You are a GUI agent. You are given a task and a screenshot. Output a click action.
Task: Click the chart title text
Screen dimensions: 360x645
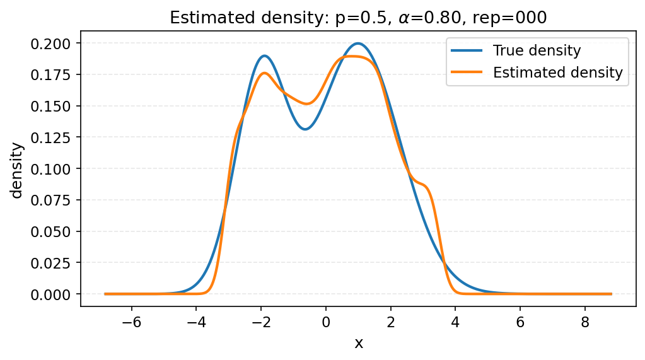pyautogui.click(x=359, y=18)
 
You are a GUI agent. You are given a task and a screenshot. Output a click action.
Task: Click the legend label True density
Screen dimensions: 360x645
pyautogui.click(x=537, y=50)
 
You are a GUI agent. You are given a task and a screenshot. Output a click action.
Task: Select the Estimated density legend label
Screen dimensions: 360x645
pyautogui.click(x=557, y=73)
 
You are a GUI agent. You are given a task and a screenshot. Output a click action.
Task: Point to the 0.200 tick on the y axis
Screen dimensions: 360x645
pyautogui.click(x=54, y=44)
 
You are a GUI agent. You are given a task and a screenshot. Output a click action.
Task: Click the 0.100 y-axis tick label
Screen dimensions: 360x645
pyautogui.click(x=54, y=169)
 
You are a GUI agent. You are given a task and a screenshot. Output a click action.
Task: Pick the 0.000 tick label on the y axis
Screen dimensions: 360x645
pyautogui.click(x=54, y=294)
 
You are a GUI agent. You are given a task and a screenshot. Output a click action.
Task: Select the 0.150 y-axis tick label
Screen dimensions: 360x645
pyautogui.click(x=54, y=106)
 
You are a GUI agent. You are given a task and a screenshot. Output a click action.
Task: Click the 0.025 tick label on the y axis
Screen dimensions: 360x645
pyautogui.click(x=54, y=263)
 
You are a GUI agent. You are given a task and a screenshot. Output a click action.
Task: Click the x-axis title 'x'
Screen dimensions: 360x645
pyautogui.click(x=358, y=343)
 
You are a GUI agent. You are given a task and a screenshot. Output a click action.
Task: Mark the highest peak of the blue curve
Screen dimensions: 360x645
pyautogui.click(x=358, y=44)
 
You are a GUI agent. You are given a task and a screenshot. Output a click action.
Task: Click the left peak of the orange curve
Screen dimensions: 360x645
pyautogui.click(x=264, y=73)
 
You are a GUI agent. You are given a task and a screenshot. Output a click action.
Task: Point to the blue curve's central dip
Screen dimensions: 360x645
pyautogui.click(x=305, y=129)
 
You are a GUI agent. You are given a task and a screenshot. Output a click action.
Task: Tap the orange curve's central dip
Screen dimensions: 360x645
pyautogui.click(x=306, y=104)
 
